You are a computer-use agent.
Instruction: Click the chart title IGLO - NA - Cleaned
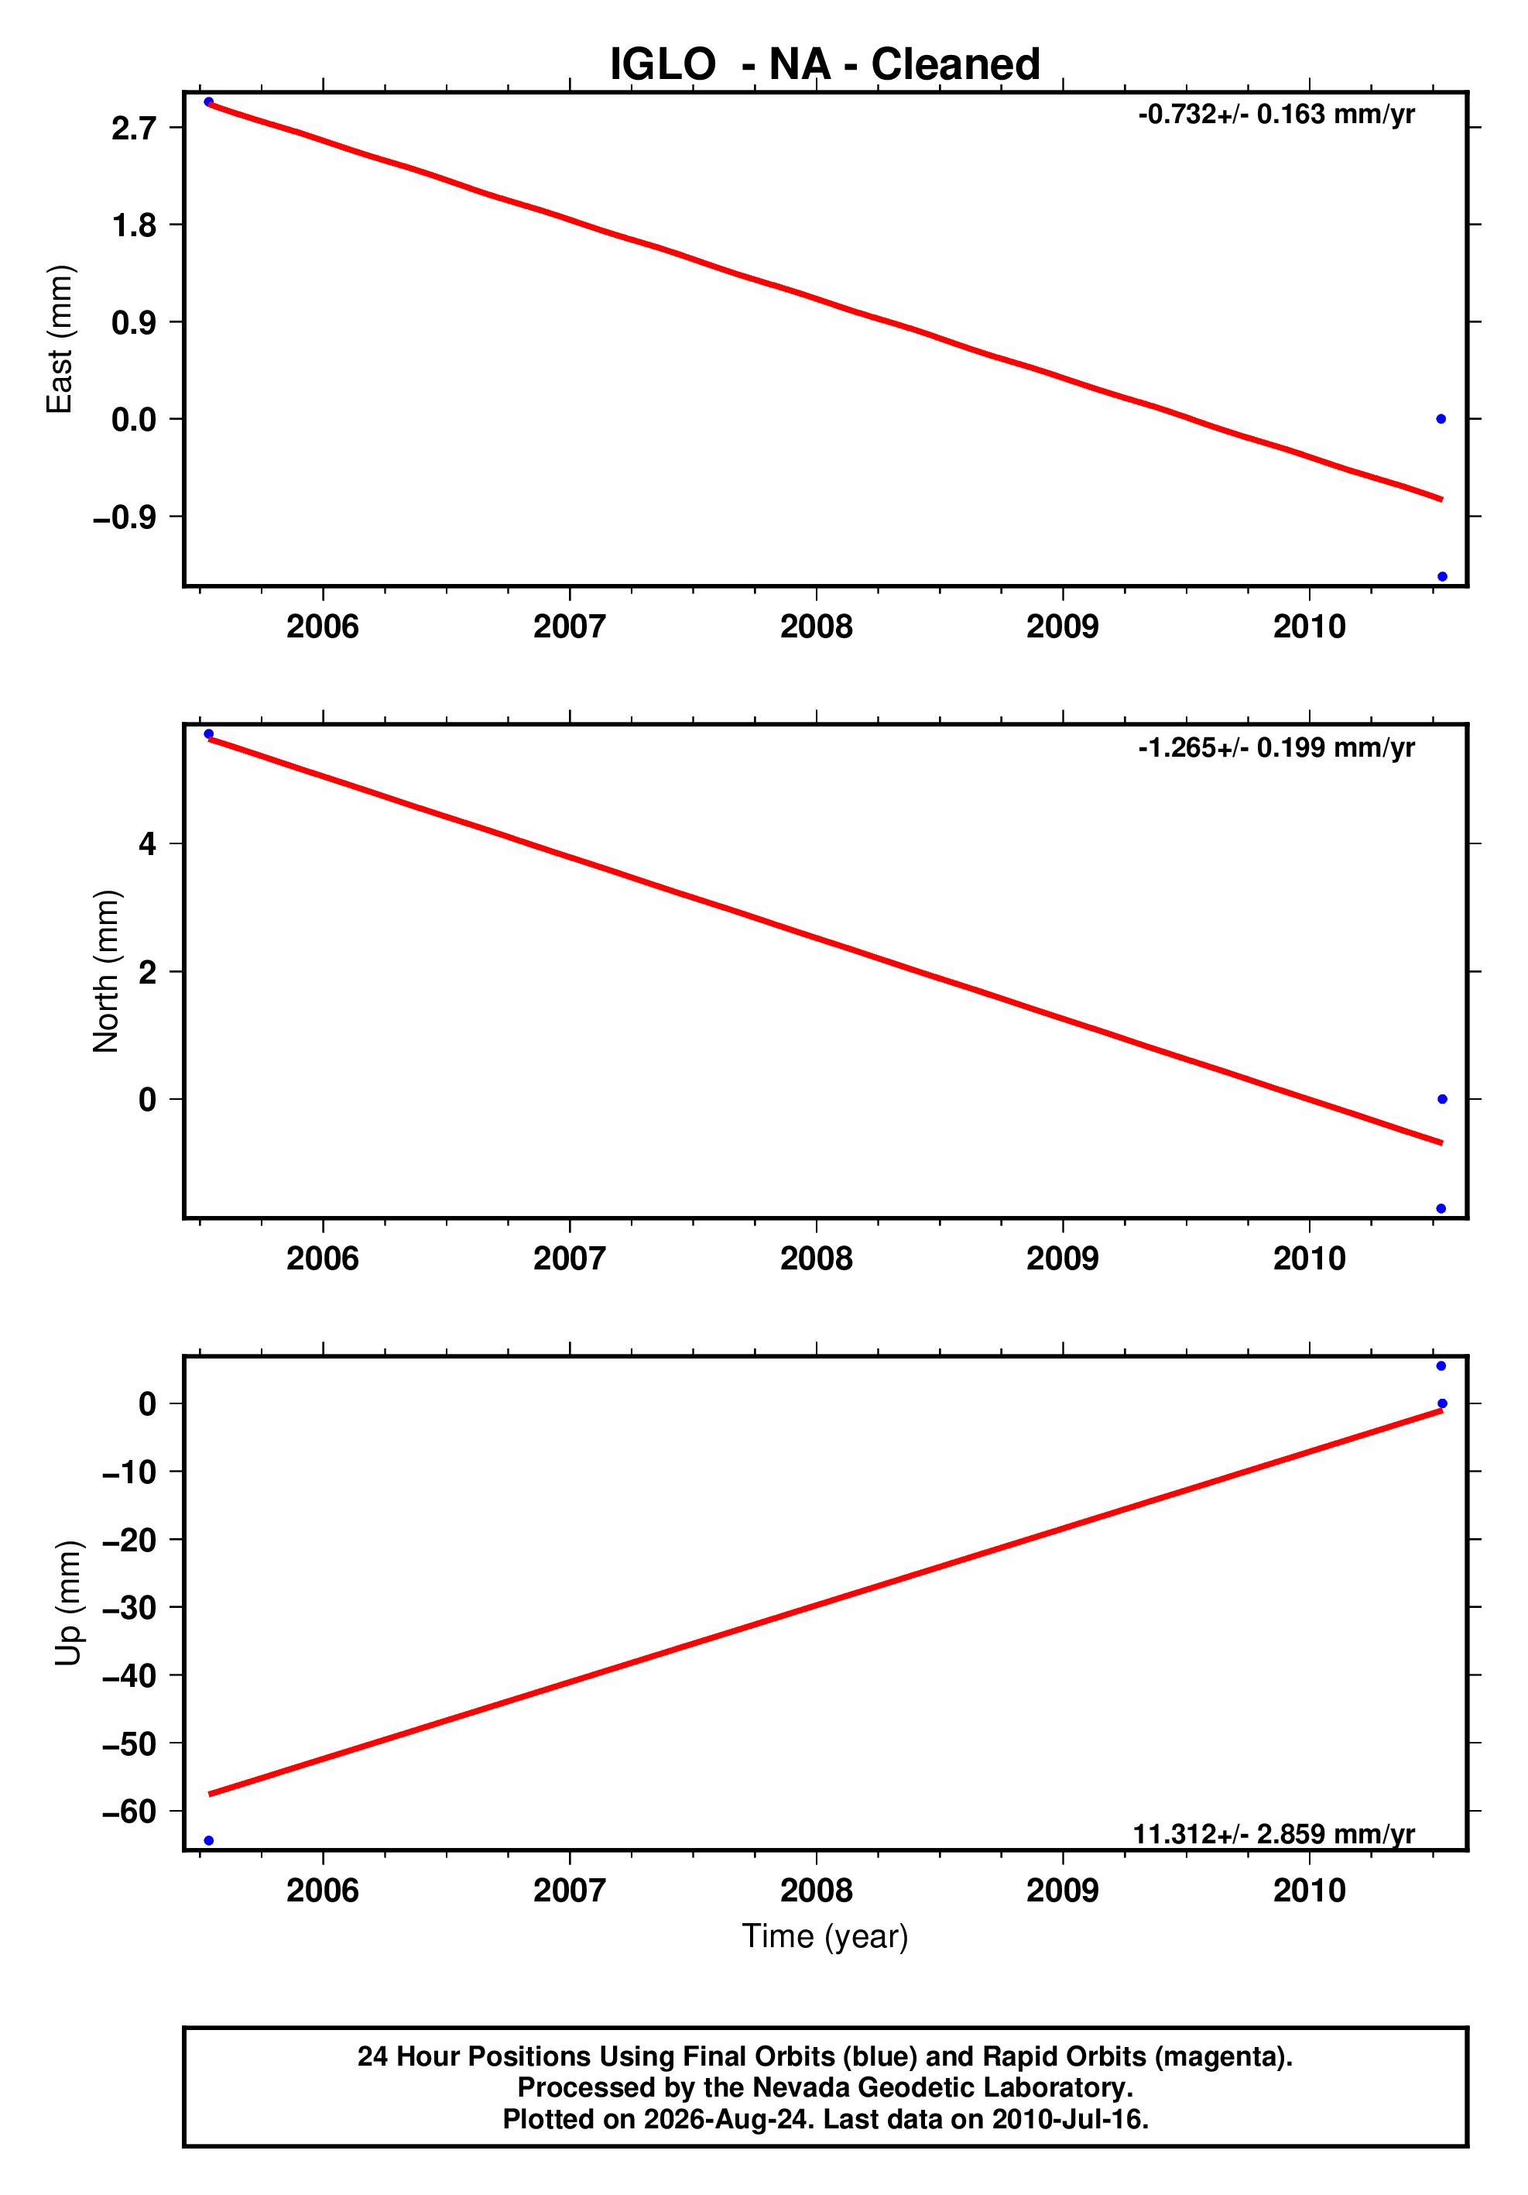pos(824,64)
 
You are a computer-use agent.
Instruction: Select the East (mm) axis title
pos(60,339)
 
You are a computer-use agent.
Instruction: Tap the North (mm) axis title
pos(106,971)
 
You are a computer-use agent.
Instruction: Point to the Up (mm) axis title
pos(68,1603)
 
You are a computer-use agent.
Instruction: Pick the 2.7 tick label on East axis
pos(134,128)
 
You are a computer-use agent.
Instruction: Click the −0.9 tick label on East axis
pos(124,517)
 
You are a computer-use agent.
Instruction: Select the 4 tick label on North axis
pos(147,843)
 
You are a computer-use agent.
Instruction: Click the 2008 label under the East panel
pos(816,627)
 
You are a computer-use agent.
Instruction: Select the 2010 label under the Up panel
pos(1309,1891)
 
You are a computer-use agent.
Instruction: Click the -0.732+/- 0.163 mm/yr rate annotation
pos(1276,115)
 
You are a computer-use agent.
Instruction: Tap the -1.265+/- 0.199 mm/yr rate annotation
pos(1276,747)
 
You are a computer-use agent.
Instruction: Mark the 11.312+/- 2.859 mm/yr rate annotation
pos(1274,1833)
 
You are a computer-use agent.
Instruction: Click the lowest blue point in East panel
pos(1442,576)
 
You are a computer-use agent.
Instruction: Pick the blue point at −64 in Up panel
pos(209,1840)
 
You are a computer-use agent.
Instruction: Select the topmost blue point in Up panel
pos(1441,1366)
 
